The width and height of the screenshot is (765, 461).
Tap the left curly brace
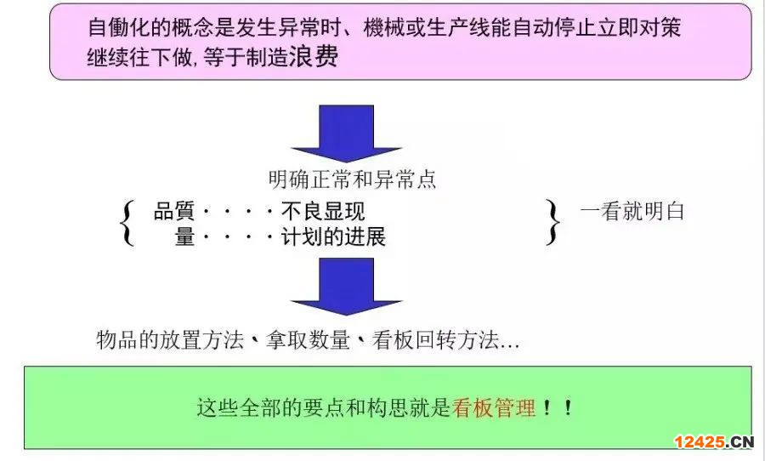click(x=128, y=223)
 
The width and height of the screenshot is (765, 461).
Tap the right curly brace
click(x=554, y=223)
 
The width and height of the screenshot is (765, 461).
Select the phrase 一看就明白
click(x=632, y=212)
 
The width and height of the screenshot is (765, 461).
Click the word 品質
click(x=174, y=212)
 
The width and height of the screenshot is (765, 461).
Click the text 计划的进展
click(x=333, y=237)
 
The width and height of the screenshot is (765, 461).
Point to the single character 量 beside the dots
click(x=184, y=237)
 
